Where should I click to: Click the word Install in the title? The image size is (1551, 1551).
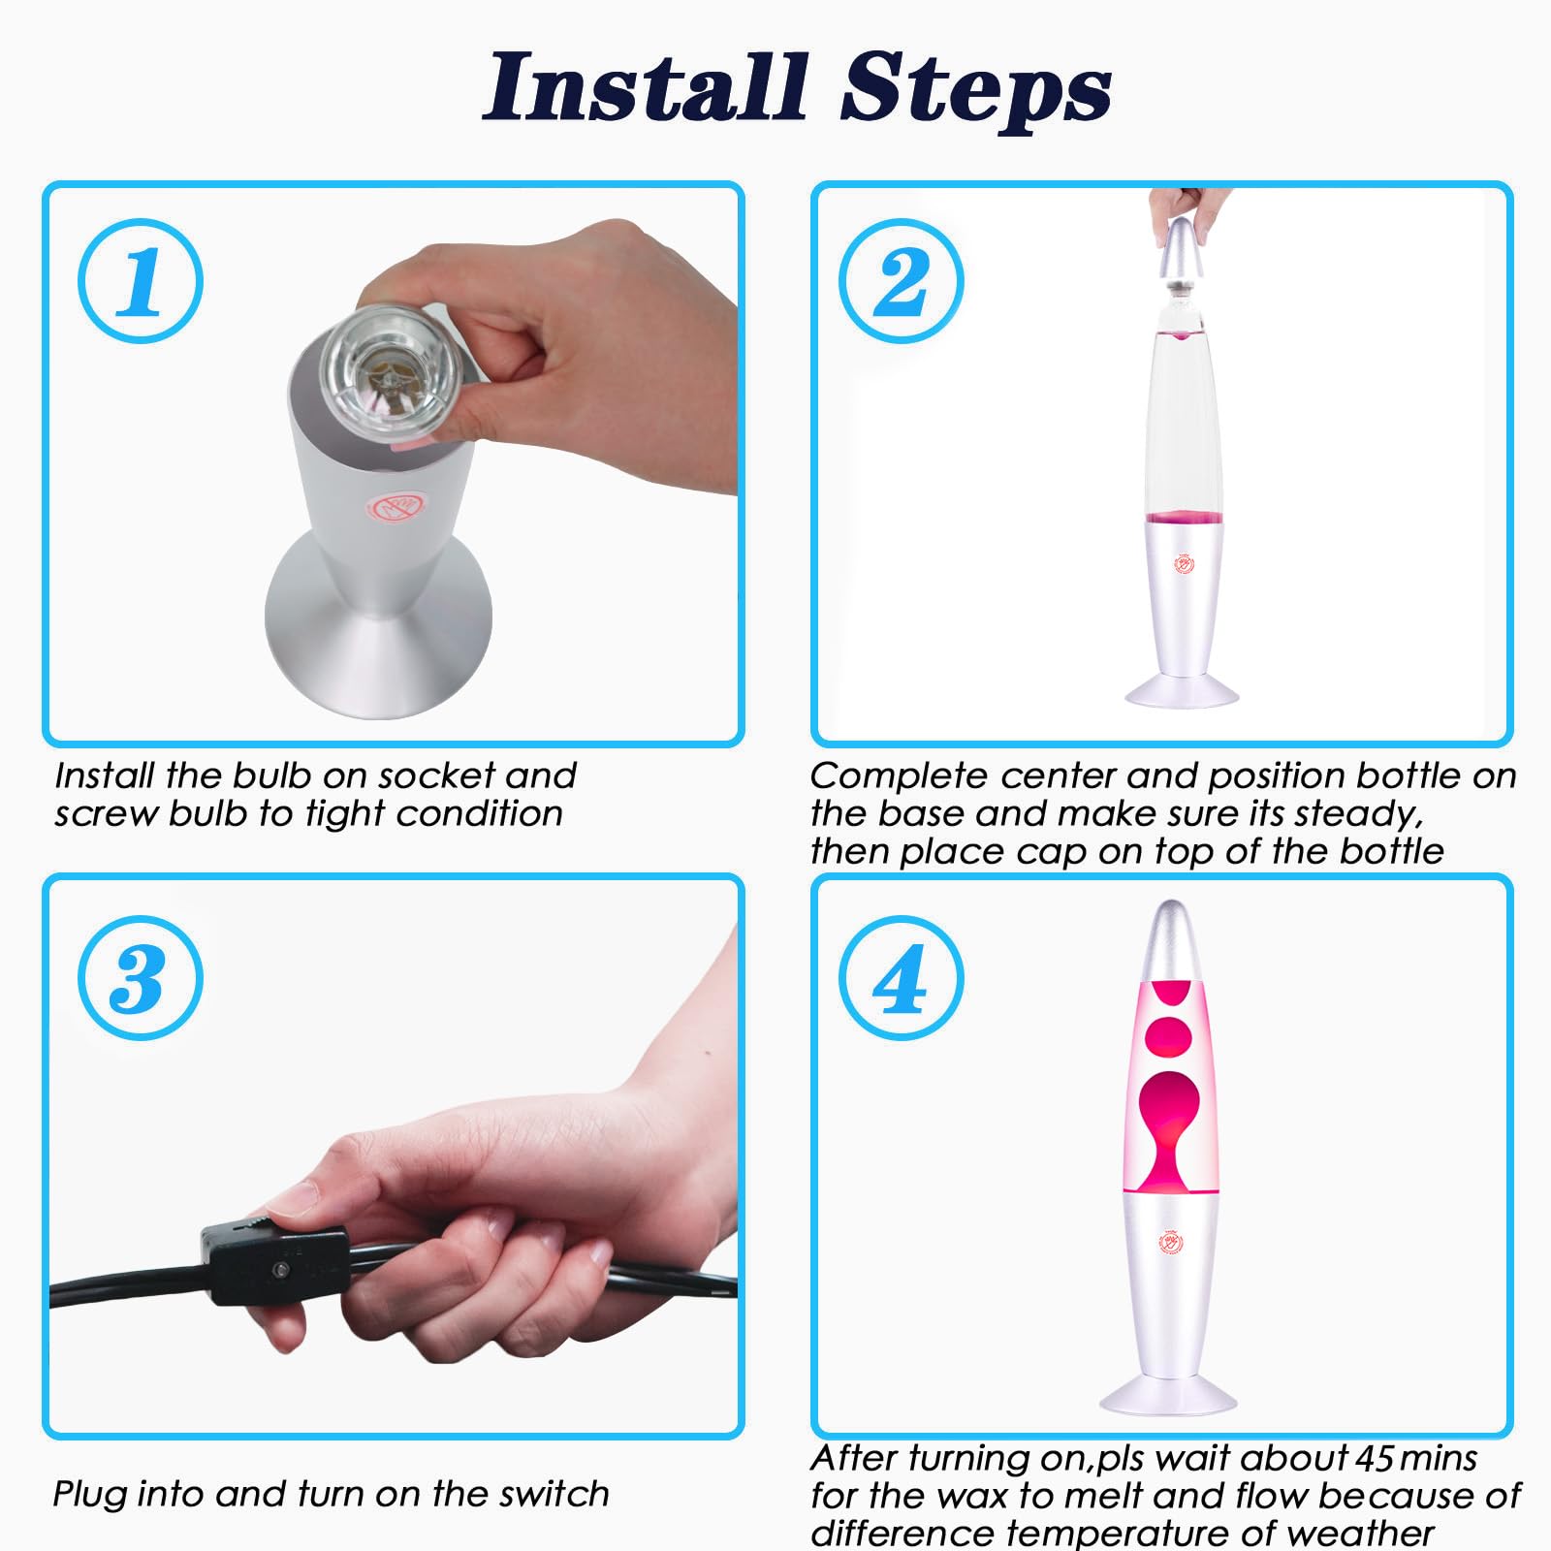647,88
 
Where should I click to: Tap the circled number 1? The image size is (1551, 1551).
141,280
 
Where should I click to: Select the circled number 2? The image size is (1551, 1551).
902,280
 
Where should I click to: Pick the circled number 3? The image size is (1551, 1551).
141,978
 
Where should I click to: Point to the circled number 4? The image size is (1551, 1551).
902,978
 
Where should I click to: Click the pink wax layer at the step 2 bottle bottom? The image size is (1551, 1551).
1184,517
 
